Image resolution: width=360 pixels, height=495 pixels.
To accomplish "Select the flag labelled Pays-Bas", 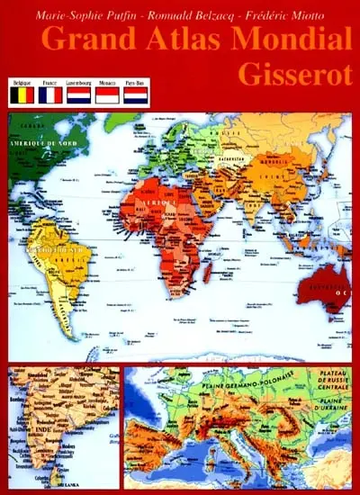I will (136, 94).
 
